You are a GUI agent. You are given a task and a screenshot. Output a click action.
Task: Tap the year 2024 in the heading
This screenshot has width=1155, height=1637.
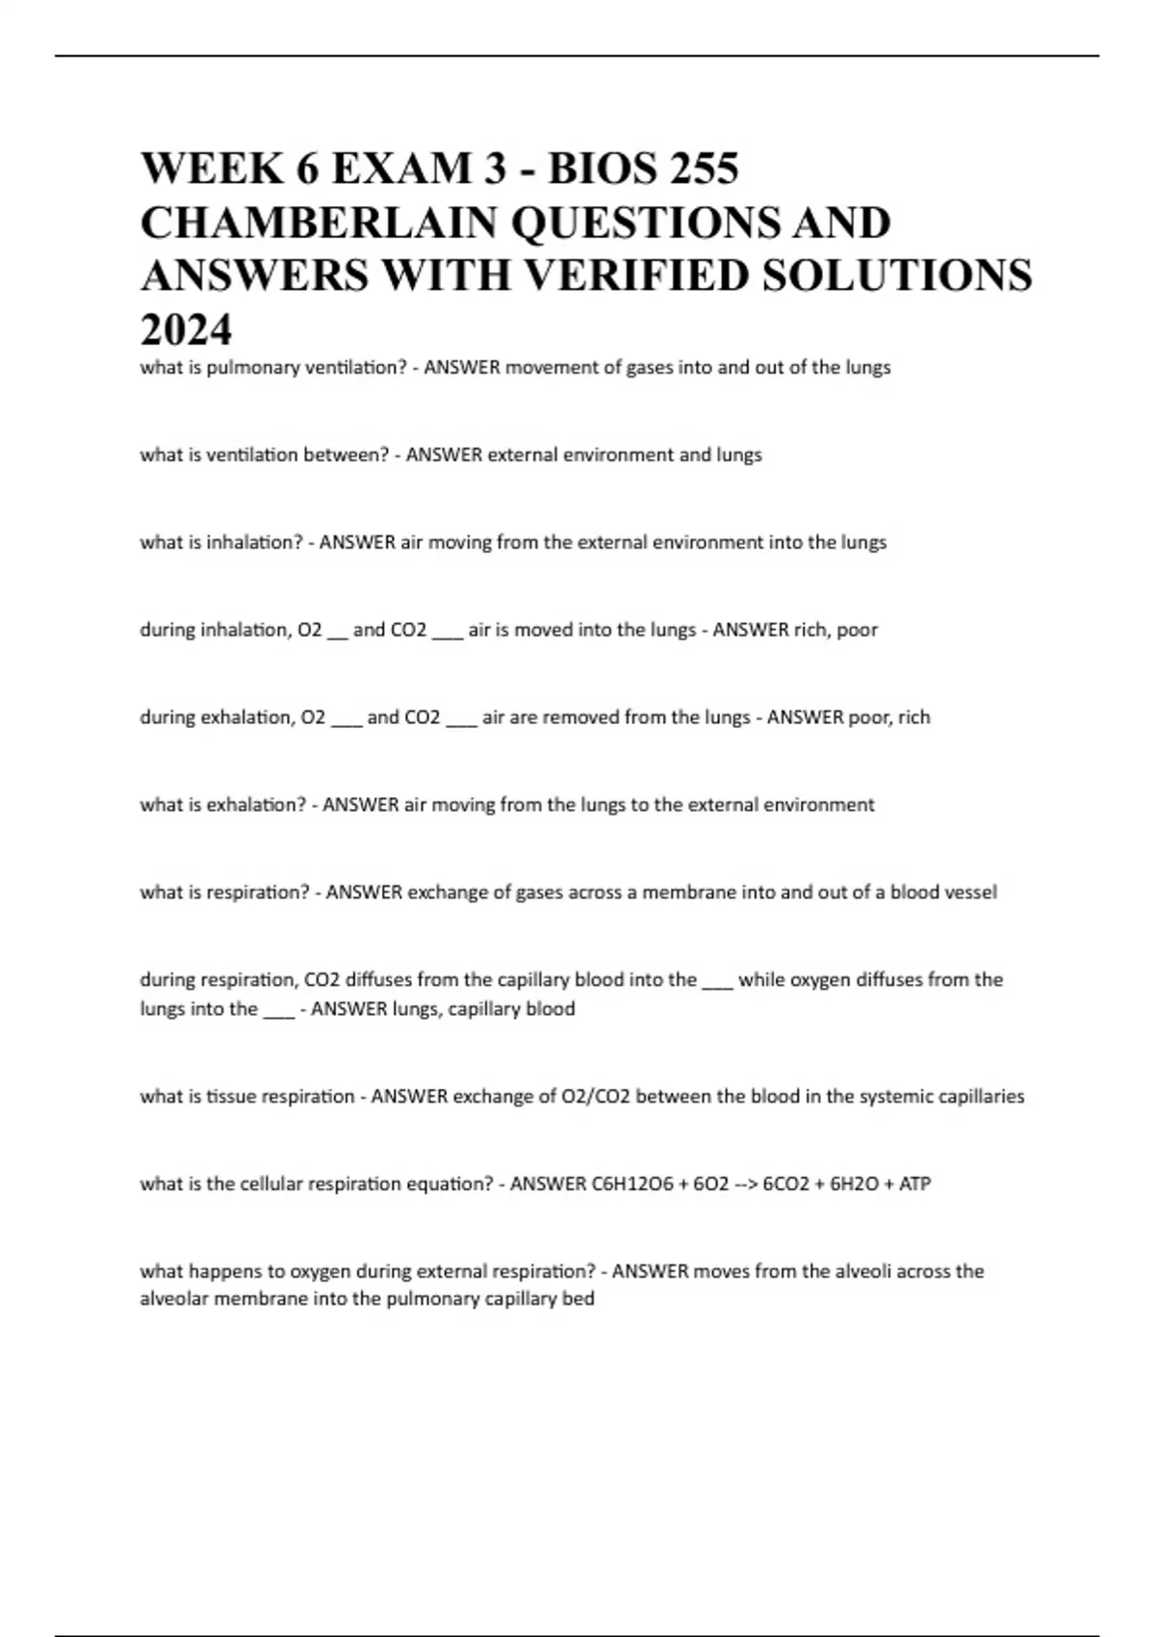pyautogui.click(x=186, y=330)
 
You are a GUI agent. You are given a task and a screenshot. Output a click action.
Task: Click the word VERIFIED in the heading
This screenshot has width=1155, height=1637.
pyautogui.click(x=632, y=276)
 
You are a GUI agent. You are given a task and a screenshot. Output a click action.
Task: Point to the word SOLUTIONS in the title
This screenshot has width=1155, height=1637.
pyautogui.click(x=896, y=276)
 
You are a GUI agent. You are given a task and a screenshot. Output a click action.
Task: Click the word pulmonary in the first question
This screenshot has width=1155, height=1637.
pyautogui.click(x=248, y=368)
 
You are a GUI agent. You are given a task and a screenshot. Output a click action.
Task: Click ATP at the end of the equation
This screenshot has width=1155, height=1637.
pyautogui.click(x=914, y=1184)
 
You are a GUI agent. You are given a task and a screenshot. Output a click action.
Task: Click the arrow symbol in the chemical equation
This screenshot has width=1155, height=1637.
pyautogui.click(x=745, y=1184)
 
